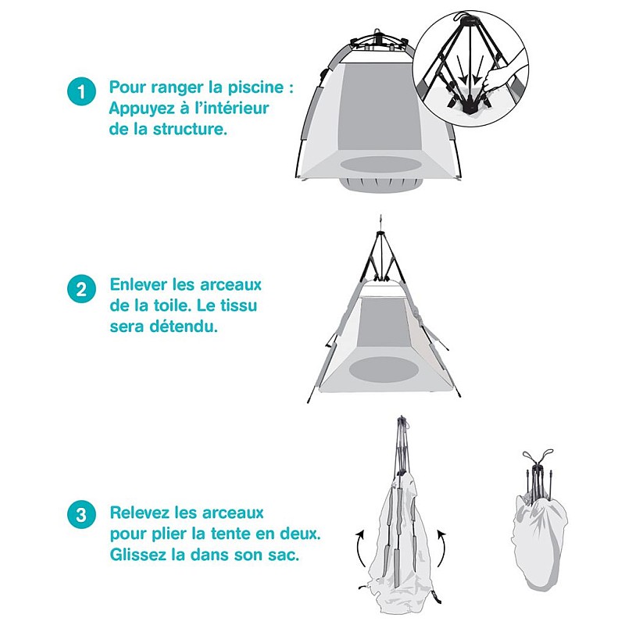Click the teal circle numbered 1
(x=82, y=91)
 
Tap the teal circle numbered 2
(x=82, y=289)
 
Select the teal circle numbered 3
(x=82, y=514)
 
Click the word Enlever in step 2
(x=139, y=284)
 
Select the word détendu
(x=184, y=327)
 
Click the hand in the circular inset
(x=502, y=76)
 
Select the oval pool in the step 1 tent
(x=380, y=165)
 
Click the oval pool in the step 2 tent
(x=384, y=369)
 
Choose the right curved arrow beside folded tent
(x=442, y=548)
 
